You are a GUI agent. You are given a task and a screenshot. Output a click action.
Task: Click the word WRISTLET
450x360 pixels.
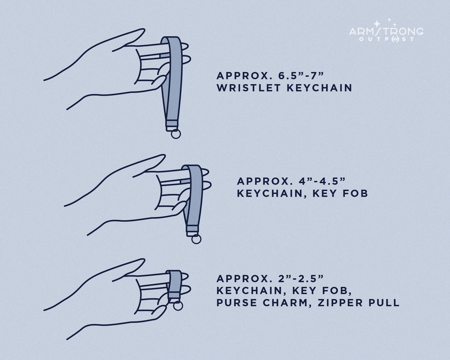click(249, 88)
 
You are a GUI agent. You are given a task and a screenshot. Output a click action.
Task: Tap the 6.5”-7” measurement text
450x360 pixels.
click(301, 76)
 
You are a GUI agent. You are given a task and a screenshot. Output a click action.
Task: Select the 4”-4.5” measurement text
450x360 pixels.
click(322, 181)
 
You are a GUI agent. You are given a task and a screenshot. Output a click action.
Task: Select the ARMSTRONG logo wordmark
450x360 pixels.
click(386, 32)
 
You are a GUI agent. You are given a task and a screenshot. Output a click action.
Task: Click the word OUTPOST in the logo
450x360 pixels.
click(387, 39)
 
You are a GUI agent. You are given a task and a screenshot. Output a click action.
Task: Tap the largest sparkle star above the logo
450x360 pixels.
click(377, 24)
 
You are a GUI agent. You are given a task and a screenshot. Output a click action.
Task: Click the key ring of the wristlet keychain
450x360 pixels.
click(176, 134)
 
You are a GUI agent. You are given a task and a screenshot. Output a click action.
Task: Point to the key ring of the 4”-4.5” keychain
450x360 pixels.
click(196, 239)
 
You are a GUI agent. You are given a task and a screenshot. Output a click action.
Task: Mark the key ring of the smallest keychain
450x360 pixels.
click(178, 306)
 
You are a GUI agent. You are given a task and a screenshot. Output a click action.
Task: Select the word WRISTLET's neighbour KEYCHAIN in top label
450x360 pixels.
click(319, 88)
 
